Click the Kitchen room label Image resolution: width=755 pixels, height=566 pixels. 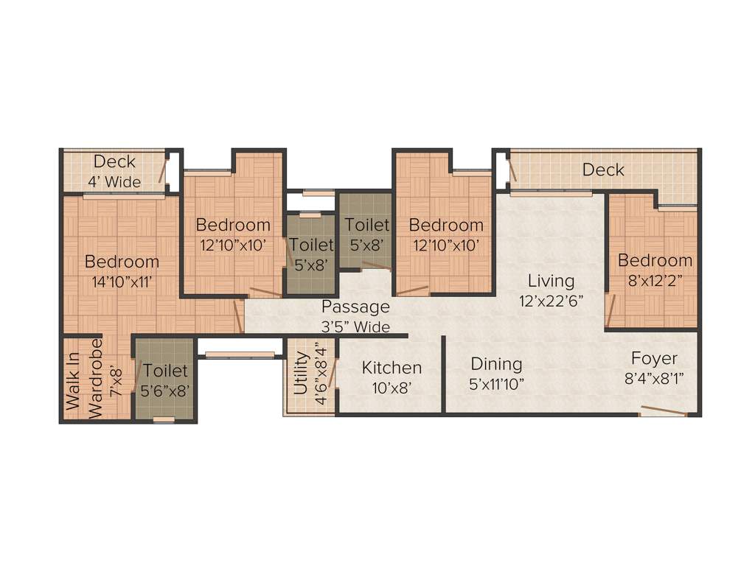tap(392, 367)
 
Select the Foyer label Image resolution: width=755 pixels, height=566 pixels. tap(654, 359)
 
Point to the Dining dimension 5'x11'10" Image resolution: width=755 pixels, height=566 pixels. tap(497, 384)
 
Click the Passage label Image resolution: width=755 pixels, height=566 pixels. tap(355, 307)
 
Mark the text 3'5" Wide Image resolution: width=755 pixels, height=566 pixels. tap(355, 326)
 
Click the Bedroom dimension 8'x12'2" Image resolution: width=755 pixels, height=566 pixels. tap(655, 280)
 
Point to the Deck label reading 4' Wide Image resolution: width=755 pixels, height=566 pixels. tap(114, 181)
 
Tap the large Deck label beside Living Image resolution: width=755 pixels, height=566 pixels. tap(603, 170)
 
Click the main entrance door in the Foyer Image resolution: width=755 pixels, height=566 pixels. tap(664, 411)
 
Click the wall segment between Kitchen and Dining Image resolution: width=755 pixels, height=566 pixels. tap(444, 374)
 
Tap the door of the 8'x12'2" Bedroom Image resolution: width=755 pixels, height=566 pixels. tap(609, 310)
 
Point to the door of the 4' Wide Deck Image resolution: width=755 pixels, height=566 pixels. tap(163, 170)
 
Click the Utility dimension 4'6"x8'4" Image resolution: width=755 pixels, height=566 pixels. tap(319, 376)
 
